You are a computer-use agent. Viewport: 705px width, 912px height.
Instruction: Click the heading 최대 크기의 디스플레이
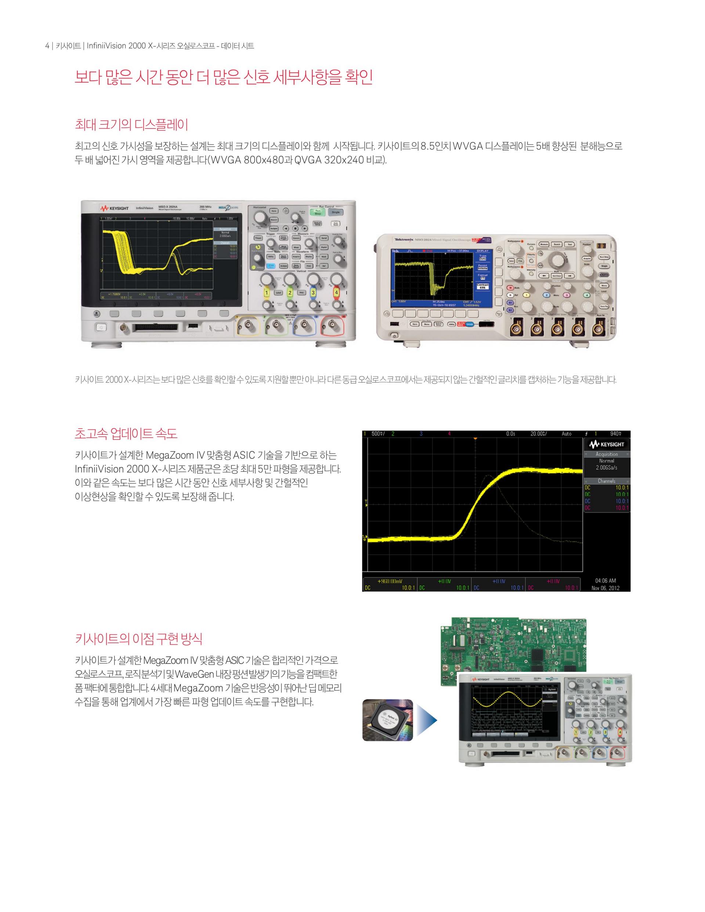pos(131,124)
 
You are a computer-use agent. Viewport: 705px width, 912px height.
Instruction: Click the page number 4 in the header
pos(47,46)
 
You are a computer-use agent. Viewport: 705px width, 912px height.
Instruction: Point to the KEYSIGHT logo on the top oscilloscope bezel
pos(115,208)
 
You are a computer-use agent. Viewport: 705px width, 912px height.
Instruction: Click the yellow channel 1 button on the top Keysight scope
pos(265,292)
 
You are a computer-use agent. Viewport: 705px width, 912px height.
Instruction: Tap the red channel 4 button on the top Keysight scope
pos(336,292)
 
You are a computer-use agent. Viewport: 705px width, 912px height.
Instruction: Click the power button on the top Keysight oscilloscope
pos(101,327)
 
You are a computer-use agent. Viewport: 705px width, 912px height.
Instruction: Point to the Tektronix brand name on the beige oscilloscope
pos(404,240)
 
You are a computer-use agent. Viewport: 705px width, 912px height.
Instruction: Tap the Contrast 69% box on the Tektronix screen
pos(482,286)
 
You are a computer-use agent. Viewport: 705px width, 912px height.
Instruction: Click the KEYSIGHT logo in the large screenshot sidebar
pos(607,444)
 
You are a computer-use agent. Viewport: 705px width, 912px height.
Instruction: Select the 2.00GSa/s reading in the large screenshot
pos(607,468)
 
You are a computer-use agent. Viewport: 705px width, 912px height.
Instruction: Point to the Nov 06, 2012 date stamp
pos(605,588)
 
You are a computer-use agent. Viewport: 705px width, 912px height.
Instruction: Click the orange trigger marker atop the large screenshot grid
pos(475,438)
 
